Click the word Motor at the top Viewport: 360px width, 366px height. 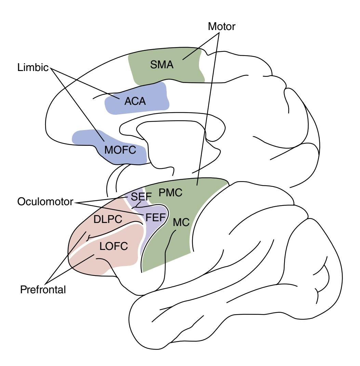tap(222, 27)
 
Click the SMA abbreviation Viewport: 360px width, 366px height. tap(162, 65)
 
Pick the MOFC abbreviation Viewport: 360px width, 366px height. tap(120, 150)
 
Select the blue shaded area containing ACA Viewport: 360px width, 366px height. tap(154, 102)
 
